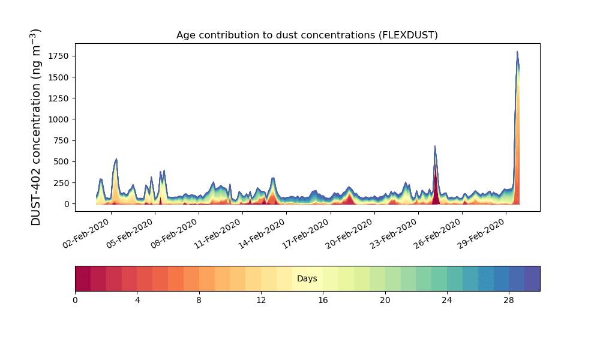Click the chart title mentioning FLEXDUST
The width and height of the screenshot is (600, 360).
307,35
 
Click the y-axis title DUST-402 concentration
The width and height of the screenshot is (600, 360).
35,127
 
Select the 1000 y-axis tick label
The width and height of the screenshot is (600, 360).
59,119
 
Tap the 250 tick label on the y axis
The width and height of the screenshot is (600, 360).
61,183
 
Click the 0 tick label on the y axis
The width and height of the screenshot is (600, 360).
67,204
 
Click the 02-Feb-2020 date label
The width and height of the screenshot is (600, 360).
86,234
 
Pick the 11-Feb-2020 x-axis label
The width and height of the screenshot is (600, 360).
217,234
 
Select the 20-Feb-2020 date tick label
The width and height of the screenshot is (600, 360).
349,234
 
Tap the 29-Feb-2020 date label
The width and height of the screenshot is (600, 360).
481,234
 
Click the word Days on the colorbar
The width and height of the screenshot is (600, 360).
307,278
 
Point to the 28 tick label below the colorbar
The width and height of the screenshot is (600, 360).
509,301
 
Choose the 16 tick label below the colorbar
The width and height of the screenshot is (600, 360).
323,301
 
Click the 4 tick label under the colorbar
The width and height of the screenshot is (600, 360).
137,301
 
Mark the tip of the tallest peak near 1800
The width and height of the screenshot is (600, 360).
517,51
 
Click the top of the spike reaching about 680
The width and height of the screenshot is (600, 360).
434,146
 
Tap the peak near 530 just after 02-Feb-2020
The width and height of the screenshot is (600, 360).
116,159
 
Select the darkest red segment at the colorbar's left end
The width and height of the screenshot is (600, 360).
83,278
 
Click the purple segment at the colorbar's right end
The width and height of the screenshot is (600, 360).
532,278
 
